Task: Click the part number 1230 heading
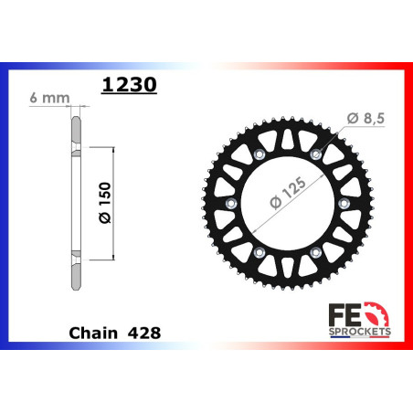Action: [129, 84]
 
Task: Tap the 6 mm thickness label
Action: [49, 98]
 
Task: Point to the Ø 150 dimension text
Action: [105, 203]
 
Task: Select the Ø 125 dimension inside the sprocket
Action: [288, 192]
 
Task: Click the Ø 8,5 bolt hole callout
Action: [365, 118]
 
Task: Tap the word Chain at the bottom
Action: [93, 333]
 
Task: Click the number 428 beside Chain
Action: [144, 334]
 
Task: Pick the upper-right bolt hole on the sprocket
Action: [316, 154]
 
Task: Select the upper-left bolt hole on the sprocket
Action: [259, 154]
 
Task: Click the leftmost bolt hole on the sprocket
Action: [230, 203]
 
